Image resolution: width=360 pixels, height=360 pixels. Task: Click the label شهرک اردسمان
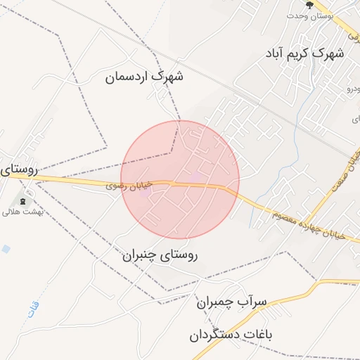[144, 77]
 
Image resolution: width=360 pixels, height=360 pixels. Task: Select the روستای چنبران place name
[160, 256]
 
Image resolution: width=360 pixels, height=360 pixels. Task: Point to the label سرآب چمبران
[231, 303]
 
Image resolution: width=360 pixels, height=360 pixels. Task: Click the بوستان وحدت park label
[309, 15]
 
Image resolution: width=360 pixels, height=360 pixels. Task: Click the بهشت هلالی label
[22, 212]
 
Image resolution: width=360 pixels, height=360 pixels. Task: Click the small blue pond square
[6, 249]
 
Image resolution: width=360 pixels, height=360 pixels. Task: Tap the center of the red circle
[180, 179]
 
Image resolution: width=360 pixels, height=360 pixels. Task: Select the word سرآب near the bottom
[255, 303]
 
